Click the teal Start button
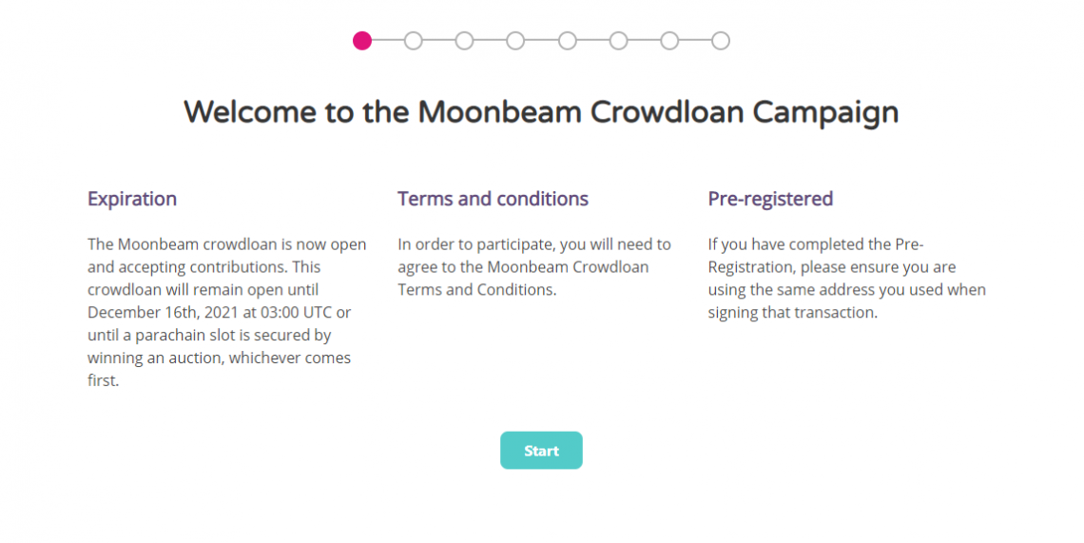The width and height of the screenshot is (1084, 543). point(541,451)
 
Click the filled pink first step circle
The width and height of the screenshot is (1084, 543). point(361,41)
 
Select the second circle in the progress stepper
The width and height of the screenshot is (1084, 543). point(413,41)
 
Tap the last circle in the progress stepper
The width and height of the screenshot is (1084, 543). point(721,41)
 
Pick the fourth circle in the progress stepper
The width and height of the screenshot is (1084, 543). point(515,41)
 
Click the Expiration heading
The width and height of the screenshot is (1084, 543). point(132,199)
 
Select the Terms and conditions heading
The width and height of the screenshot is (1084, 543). point(493,199)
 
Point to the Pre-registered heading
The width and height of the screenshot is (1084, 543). point(770,199)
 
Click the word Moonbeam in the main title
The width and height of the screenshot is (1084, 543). point(499,112)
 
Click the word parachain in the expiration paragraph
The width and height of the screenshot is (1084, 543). point(174,335)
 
